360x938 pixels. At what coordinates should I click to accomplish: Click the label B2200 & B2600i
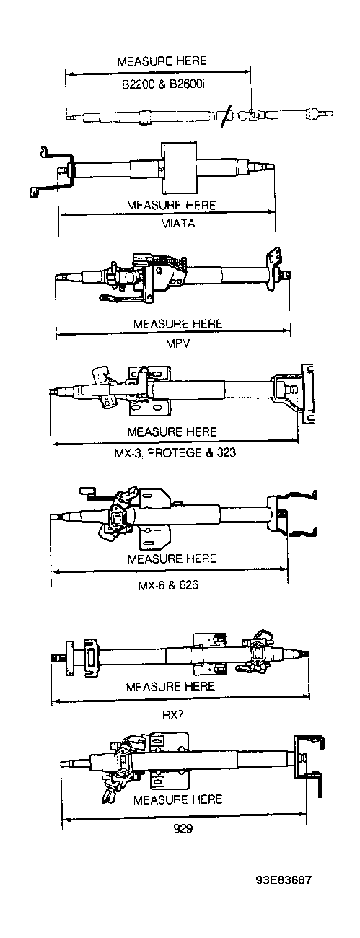(x=163, y=84)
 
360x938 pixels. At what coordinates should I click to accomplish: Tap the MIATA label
(x=178, y=223)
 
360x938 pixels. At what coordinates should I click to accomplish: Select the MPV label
(x=177, y=343)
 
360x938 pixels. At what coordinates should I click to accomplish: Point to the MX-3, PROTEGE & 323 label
(x=175, y=452)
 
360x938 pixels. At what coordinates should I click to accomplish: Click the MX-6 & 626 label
(x=168, y=585)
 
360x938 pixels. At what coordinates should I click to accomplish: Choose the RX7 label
(x=173, y=715)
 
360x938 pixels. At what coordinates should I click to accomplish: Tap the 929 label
(x=183, y=829)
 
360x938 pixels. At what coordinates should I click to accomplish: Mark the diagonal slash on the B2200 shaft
(x=226, y=116)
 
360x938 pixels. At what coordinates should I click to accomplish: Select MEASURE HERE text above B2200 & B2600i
(x=162, y=61)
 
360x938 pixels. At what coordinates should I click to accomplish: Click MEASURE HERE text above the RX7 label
(x=170, y=687)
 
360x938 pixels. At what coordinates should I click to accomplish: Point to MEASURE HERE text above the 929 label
(x=178, y=799)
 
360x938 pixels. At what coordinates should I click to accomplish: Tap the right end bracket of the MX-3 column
(x=307, y=394)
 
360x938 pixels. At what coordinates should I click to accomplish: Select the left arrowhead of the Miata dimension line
(x=63, y=215)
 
